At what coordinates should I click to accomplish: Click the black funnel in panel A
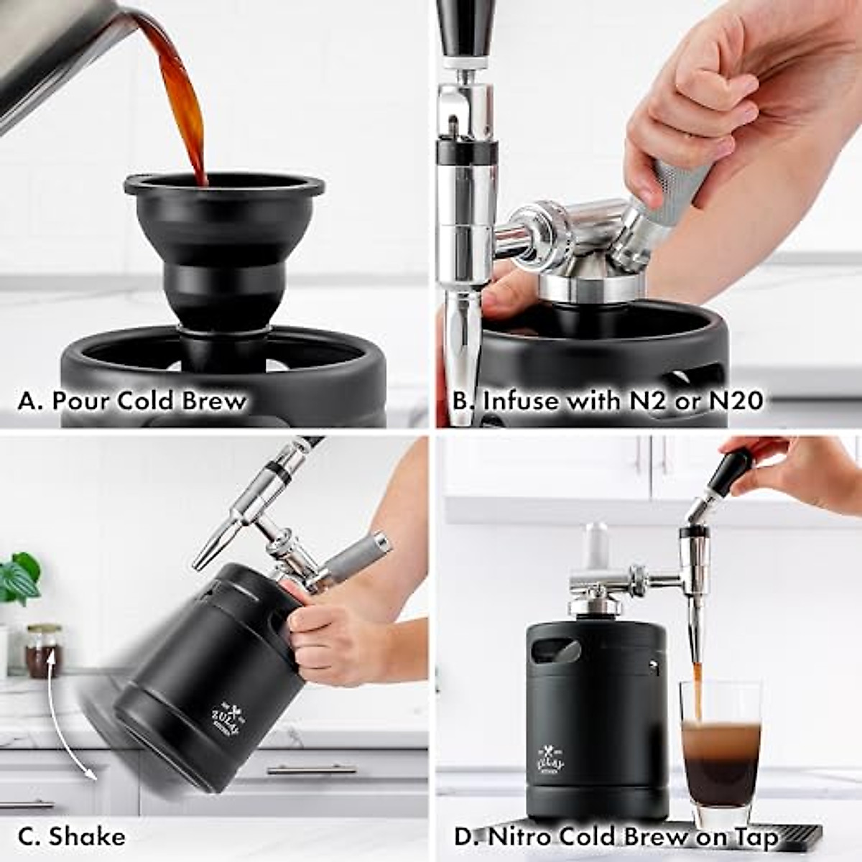pos(223,237)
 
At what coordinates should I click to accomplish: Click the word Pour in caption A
pos(80,401)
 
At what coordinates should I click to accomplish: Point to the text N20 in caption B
pos(736,401)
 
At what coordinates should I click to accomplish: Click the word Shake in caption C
pos(87,836)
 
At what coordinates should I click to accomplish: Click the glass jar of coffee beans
pos(43,650)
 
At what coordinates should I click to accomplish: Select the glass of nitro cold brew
pos(720,754)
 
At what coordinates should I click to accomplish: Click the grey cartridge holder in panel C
pos(359,557)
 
